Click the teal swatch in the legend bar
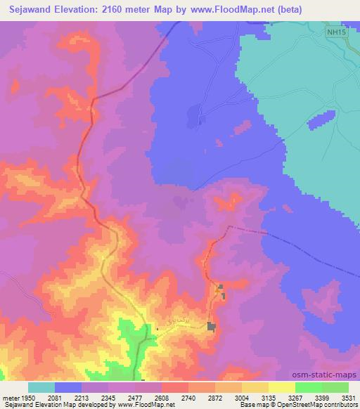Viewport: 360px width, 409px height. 41,387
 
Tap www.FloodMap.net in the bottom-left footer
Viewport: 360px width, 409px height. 150,405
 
